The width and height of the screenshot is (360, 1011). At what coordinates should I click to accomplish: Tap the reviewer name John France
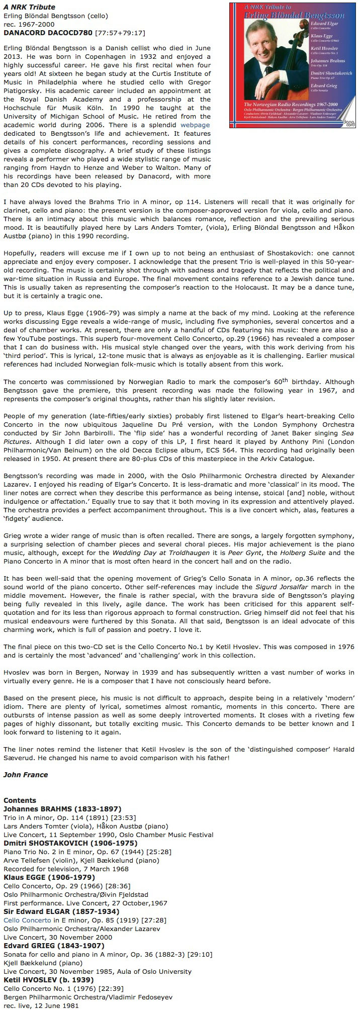click(26, 774)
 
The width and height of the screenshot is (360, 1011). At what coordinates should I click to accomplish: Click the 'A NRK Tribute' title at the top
click(29, 7)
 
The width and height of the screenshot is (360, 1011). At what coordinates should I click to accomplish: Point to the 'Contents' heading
click(20, 800)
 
